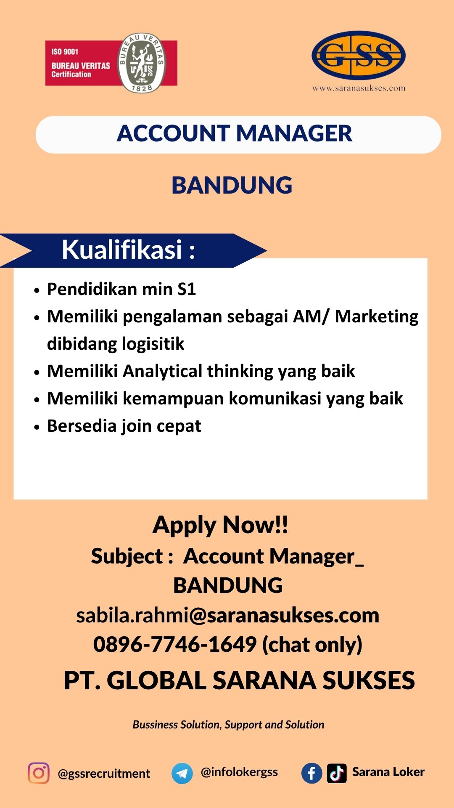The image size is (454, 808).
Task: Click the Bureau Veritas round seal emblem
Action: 142,63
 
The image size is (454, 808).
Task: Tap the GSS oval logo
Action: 359,55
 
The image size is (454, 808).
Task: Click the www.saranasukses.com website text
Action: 359,88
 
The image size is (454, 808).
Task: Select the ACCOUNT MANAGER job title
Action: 234,133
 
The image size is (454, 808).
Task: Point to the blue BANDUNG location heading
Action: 232,186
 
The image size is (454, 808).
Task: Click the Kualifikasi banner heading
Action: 129,250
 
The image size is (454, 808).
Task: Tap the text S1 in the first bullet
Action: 187,289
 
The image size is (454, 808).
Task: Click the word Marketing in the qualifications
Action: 377,317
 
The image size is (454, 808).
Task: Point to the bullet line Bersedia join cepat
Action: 124,426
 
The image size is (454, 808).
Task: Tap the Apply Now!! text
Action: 220,525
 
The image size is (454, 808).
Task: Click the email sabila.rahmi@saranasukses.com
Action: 227,615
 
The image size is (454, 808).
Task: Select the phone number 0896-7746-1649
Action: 174,645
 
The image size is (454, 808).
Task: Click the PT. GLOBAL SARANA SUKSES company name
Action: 239,680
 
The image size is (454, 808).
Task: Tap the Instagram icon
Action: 39,773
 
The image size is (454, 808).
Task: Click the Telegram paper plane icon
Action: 182,773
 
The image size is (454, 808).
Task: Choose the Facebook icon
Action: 312,773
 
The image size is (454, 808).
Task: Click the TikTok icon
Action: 337,773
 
